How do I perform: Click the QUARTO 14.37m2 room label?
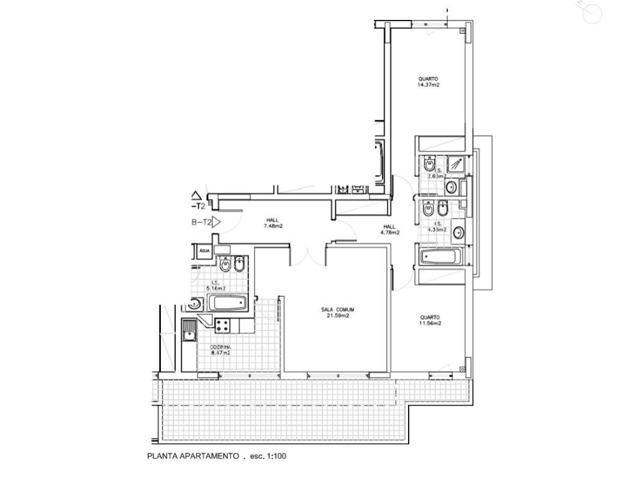pos(429,81)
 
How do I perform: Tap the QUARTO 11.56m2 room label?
pos(429,319)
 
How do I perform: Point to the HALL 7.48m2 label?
pos(273,223)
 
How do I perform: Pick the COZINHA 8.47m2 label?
pos(220,349)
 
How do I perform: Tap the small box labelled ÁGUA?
pos(204,251)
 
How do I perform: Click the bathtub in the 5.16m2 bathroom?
pos(228,304)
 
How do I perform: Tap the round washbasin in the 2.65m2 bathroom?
pos(452,187)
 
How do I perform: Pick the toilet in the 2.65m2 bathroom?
pos(429,166)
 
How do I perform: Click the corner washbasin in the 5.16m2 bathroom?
pos(194,304)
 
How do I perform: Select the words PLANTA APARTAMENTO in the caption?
pos(193,457)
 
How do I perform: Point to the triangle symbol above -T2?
pos(198,194)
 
